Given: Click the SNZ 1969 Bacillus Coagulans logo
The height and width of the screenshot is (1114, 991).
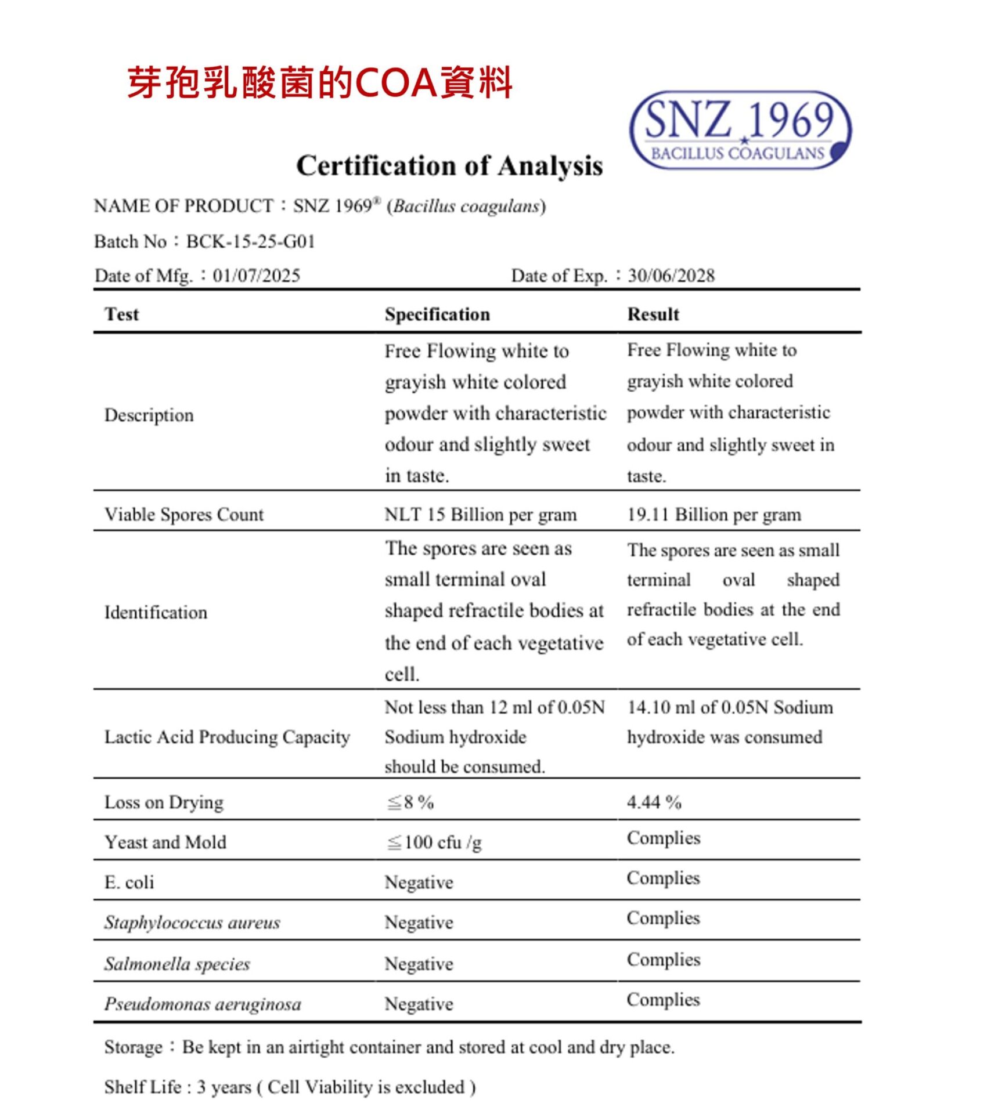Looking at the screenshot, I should (740, 130).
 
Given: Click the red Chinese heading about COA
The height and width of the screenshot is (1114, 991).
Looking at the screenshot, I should (319, 82).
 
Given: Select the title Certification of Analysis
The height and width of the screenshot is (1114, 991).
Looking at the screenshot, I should (449, 166).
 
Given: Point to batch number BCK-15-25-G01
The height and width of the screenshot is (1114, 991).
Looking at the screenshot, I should (250, 241).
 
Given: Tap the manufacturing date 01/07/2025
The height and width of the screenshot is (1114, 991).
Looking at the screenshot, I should (256, 275).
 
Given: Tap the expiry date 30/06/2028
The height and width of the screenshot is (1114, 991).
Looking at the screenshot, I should (671, 275).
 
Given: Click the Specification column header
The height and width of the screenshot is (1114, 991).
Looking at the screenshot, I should (437, 314).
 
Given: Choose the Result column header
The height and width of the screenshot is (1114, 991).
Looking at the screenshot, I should (653, 314).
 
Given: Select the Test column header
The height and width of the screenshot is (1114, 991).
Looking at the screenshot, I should (121, 314).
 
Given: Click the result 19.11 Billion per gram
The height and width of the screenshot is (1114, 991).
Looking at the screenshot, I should (714, 514).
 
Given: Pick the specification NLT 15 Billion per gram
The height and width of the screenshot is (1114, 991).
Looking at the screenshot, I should (481, 514).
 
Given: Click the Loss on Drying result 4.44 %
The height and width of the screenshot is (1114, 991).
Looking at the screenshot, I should (654, 802).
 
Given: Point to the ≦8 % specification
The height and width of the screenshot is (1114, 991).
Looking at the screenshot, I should (410, 802).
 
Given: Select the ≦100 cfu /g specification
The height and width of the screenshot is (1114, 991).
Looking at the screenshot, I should (434, 842).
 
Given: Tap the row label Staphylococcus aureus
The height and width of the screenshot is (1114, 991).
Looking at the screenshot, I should (192, 922).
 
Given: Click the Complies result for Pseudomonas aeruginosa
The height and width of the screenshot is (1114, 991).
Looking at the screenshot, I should (664, 999).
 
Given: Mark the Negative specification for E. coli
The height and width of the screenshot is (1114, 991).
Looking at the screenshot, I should (419, 882).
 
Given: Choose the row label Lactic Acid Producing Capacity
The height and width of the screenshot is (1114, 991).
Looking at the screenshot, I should (227, 737).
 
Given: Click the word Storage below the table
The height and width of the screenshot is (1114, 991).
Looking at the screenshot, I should (134, 1047).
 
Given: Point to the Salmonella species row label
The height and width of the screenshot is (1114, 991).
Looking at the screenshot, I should (177, 963).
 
